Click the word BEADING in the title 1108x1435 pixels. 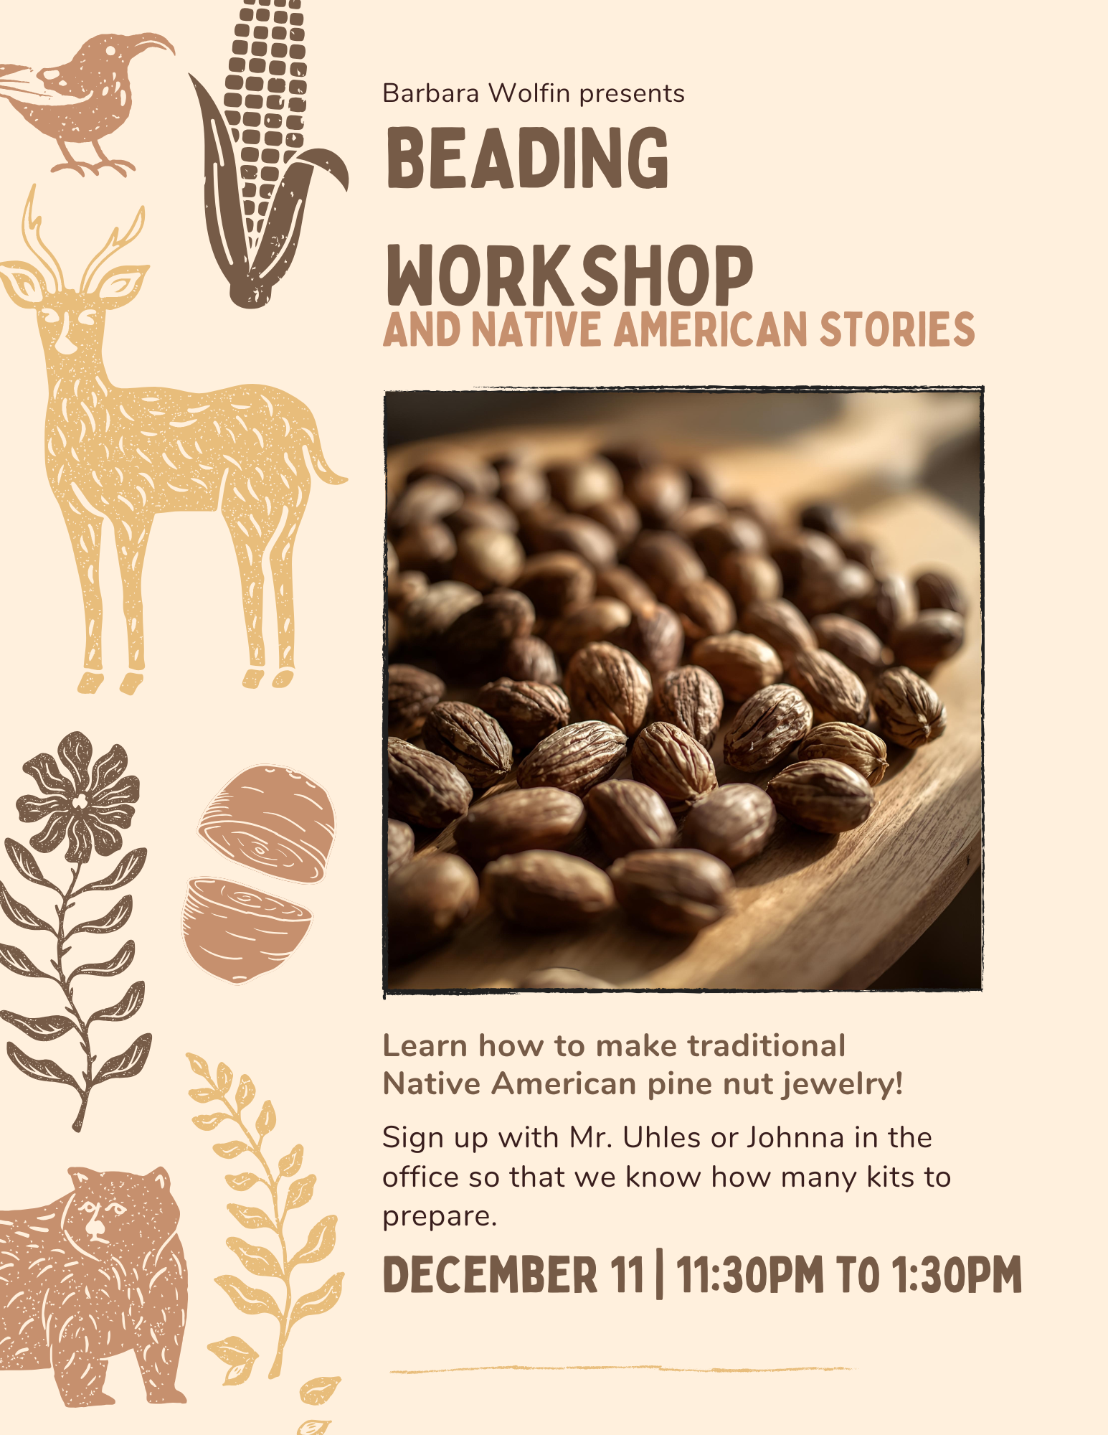click(527, 158)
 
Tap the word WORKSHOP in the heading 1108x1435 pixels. click(569, 276)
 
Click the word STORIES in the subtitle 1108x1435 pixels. click(897, 329)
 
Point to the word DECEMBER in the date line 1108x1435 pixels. click(490, 1275)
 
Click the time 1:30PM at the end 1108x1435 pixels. click(957, 1275)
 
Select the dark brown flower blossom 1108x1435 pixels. click(78, 796)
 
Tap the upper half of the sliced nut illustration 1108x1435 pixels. click(267, 824)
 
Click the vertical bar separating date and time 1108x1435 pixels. click(659, 1275)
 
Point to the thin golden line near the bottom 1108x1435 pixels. click(620, 1370)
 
